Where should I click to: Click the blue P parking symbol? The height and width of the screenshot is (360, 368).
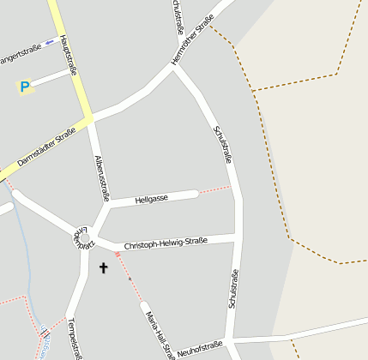[x=25, y=86]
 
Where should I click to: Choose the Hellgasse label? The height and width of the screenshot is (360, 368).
[x=152, y=198]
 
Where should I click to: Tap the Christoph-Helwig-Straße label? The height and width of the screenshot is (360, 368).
[x=166, y=243]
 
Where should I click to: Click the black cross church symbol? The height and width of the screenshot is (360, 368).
[x=104, y=268]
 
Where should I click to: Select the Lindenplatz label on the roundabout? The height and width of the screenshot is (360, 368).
[x=82, y=237]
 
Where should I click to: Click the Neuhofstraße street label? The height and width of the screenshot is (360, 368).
[x=200, y=347]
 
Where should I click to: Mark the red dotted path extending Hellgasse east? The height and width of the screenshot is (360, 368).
[x=214, y=189]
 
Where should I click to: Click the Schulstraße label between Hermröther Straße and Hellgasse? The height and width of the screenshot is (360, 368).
[x=222, y=144]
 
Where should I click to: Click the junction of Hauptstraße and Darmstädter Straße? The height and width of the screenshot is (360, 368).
[x=88, y=117]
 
